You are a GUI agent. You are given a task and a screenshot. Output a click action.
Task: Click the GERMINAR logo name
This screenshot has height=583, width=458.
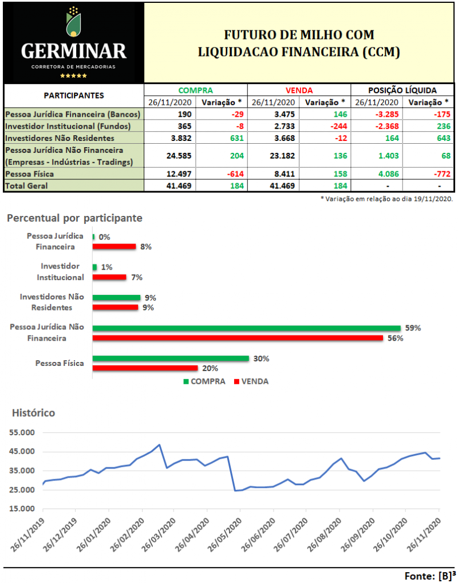point(73,52)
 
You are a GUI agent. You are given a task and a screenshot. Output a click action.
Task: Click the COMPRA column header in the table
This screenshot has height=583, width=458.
point(195,90)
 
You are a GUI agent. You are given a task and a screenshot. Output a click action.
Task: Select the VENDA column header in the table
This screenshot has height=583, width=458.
point(299,90)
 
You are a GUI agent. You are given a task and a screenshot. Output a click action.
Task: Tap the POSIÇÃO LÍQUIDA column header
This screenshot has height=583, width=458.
point(402,90)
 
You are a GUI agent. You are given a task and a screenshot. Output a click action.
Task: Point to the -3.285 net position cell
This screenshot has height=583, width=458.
point(376,115)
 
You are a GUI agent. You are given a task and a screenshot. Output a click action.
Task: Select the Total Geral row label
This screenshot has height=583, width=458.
point(27,186)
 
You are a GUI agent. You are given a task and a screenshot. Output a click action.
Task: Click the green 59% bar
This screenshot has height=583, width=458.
point(246,328)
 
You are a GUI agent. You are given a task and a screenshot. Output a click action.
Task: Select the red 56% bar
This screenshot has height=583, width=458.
point(237,338)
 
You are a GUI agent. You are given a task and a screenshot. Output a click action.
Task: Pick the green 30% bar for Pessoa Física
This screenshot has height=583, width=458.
point(171,359)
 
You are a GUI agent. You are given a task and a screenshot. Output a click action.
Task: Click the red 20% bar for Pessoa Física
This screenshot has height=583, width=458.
point(145,368)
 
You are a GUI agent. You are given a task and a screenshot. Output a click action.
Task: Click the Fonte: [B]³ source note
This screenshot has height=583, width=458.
point(429,575)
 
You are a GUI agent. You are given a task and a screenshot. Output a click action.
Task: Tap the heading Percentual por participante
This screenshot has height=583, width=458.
point(74,218)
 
